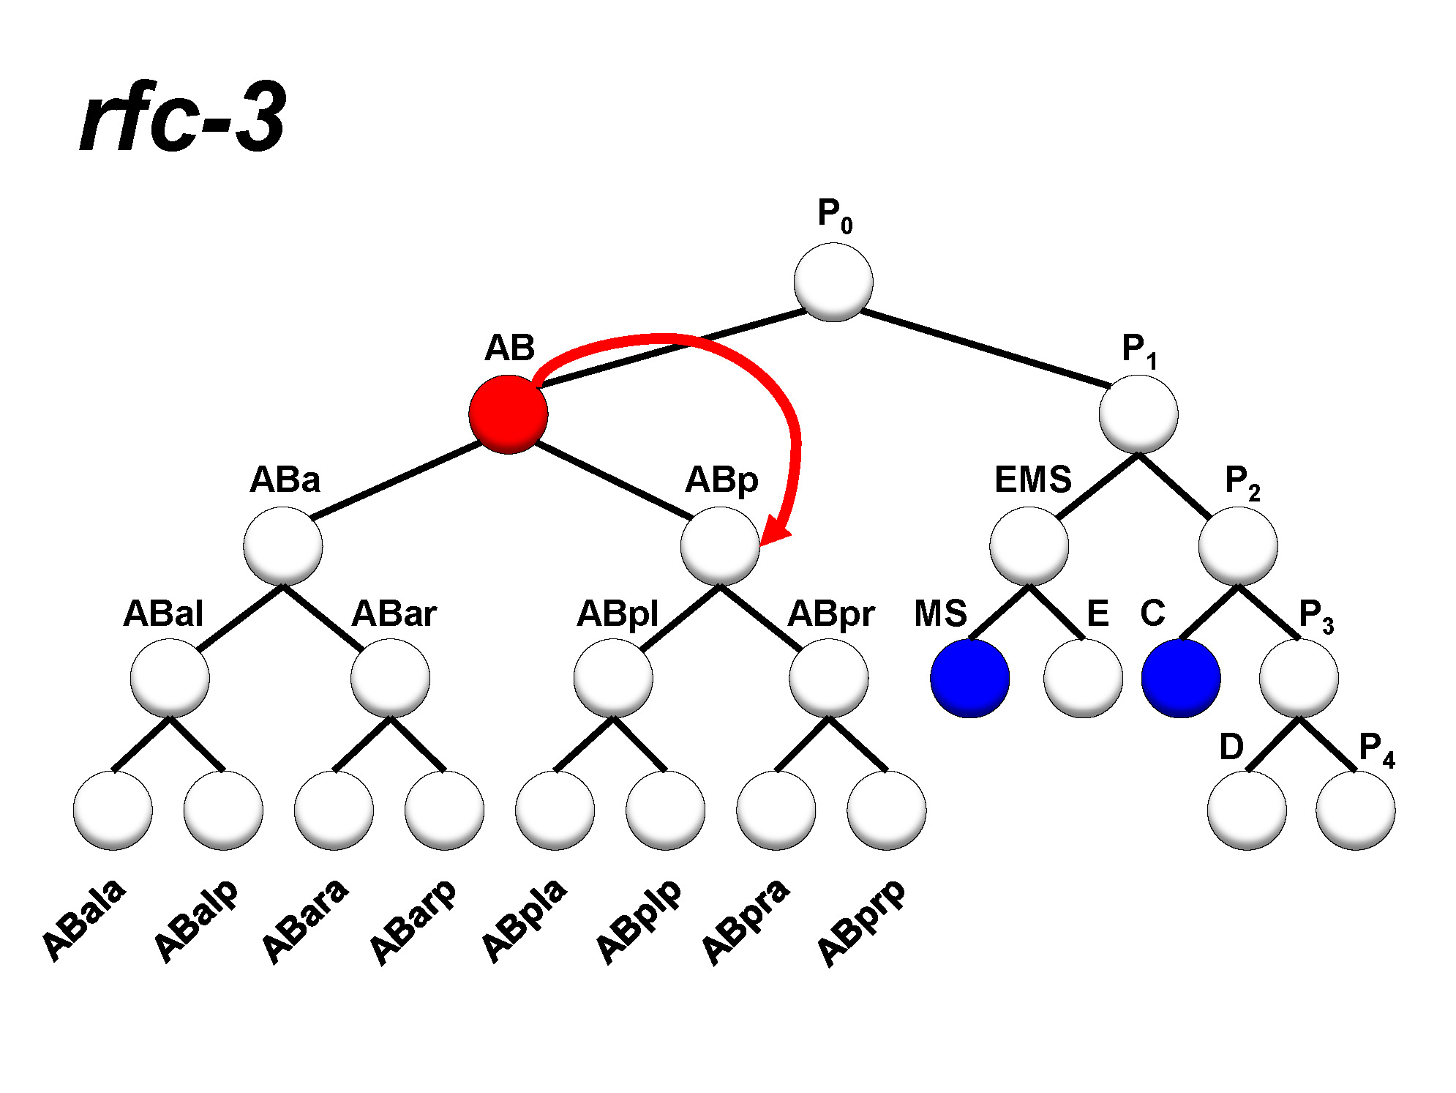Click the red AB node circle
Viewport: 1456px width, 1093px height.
pyautogui.click(x=509, y=414)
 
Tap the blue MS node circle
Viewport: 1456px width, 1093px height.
pyautogui.click(x=969, y=678)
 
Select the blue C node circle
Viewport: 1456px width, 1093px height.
pyautogui.click(x=1180, y=678)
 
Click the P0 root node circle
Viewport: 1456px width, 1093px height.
pyautogui.click(x=833, y=282)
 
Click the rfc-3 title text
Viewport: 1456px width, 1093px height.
pyautogui.click(x=183, y=117)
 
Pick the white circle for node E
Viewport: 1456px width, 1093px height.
pyautogui.click(x=1083, y=678)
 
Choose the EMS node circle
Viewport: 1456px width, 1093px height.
pyautogui.click(x=1029, y=546)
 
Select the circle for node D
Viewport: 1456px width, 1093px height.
pyautogui.click(x=1247, y=810)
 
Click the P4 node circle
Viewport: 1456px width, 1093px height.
pyautogui.click(x=1355, y=810)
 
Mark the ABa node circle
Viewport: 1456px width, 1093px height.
pyautogui.click(x=283, y=546)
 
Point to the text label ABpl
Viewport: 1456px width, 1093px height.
pyautogui.click(x=618, y=613)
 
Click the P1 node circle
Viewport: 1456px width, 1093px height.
pyautogui.click(x=1138, y=414)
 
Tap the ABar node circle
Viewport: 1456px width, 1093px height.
pyautogui.click(x=390, y=678)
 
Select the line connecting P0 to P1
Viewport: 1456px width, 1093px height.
pyautogui.click(x=984, y=348)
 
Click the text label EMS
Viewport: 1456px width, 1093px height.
pyautogui.click(x=1032, y=480)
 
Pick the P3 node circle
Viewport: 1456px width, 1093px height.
pyautogui.click(x=1299, y=678)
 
